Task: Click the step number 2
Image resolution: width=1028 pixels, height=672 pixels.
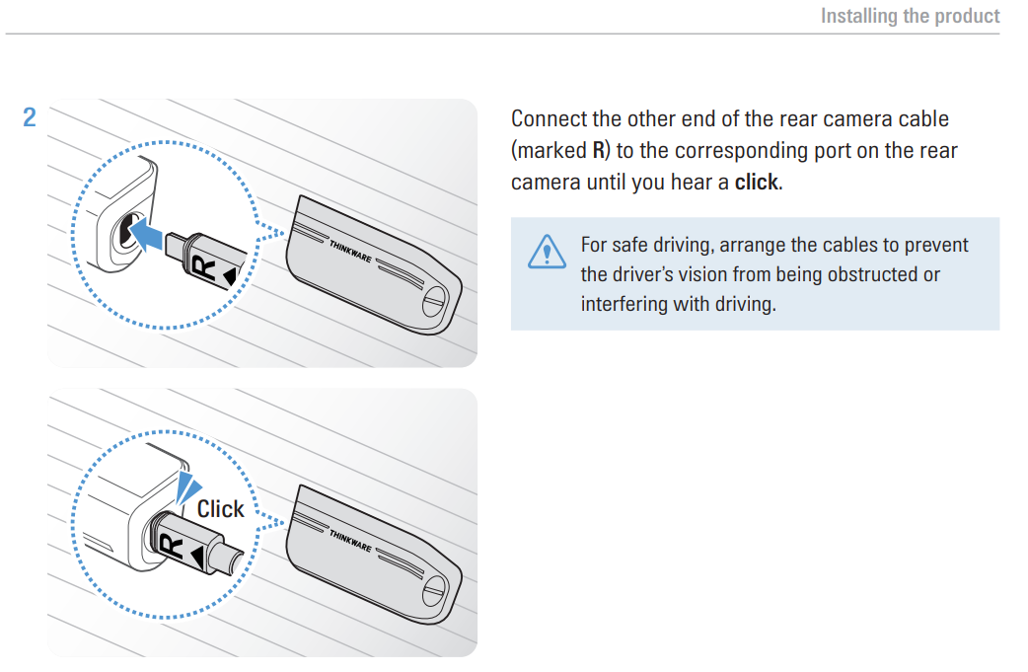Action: click(x=30, y=117)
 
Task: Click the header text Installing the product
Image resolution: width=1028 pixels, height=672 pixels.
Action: click(x=910, y=16)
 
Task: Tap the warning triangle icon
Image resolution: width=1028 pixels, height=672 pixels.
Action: click(x=543, y=253)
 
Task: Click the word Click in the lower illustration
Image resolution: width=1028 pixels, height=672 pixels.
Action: click(x=220, y=508)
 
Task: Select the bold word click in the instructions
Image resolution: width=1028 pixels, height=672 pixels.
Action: click(x=757, y=184)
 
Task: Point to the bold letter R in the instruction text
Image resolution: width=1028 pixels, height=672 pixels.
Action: click(x=599, y=151)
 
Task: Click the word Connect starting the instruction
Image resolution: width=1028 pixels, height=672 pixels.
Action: click(x=549, y=118)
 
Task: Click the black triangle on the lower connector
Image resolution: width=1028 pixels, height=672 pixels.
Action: click(x=197, y=558)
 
